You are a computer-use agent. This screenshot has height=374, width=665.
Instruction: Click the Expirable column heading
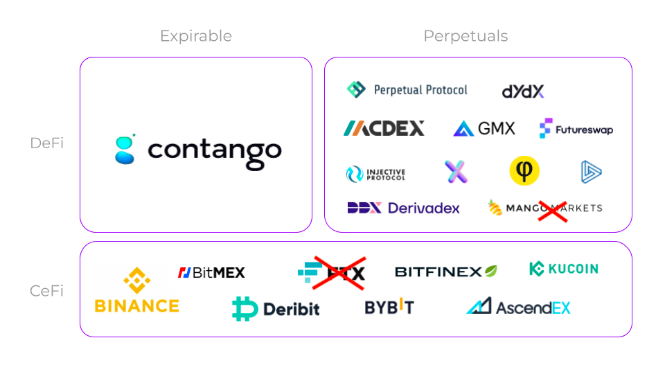click(x=196, y=36)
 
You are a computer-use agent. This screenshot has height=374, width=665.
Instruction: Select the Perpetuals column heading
click(x=465, y=36)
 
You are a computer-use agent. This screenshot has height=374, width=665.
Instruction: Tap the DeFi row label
click(x=47, y=143)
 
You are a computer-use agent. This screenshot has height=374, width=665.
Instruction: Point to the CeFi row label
click(x=47, y=291)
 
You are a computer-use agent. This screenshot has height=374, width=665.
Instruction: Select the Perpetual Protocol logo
click(x=407, y=89)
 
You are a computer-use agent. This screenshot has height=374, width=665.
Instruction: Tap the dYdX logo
click(x=523, y=91)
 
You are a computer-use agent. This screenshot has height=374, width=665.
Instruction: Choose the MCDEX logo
click(x=384, y=128)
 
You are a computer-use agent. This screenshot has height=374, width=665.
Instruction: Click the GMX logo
click(x=484, y=128)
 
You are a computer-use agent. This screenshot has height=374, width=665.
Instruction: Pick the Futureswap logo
click(x=576, y=129)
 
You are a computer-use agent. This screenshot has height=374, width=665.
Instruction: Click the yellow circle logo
click(x=524, y=171)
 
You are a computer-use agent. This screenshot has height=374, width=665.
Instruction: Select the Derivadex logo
click(x=403, y=208)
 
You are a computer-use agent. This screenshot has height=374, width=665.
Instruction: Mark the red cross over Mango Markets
click(x=553, y=207)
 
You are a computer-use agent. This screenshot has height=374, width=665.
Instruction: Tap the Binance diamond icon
click(x=136, y=280)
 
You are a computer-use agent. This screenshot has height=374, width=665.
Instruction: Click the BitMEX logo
click(x=211, y=273)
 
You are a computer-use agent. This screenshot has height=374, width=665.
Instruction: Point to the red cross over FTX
click(x=339, y=272)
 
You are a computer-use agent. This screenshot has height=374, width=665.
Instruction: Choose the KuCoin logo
click(x=563, y=269)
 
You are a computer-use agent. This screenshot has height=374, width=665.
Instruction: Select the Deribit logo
click(x=276, y=308)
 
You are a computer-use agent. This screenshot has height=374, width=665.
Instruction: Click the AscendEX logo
click(x=518, y=306)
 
